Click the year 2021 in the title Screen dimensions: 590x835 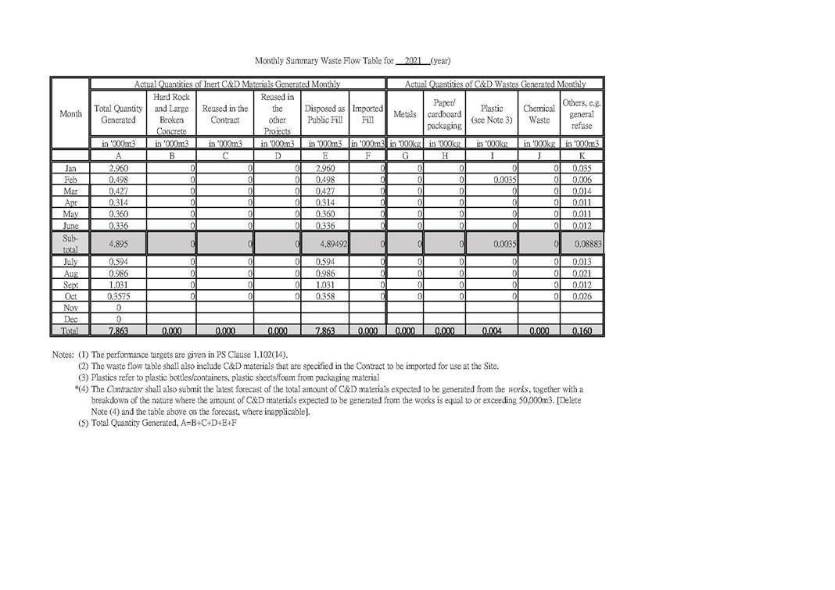(414, 60)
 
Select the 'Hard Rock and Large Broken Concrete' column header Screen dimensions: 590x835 (171, 114)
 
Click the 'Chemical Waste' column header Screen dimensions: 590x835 (539, 114)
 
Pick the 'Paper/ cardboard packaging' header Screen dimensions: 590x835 (444, 114)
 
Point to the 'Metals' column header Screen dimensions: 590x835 (405, 114)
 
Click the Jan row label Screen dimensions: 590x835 (70, 168)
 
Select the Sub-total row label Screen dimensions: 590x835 (70, 243)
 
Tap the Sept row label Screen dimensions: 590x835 (70, 285)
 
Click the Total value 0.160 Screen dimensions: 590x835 (582, 331)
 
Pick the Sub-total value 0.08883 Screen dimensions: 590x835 (587, 244)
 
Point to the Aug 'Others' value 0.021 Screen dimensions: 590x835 (582, 274)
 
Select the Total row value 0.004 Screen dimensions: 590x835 (492, 331)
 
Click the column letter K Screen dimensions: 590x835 (582, 156)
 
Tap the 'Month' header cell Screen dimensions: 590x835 (70, 114)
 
